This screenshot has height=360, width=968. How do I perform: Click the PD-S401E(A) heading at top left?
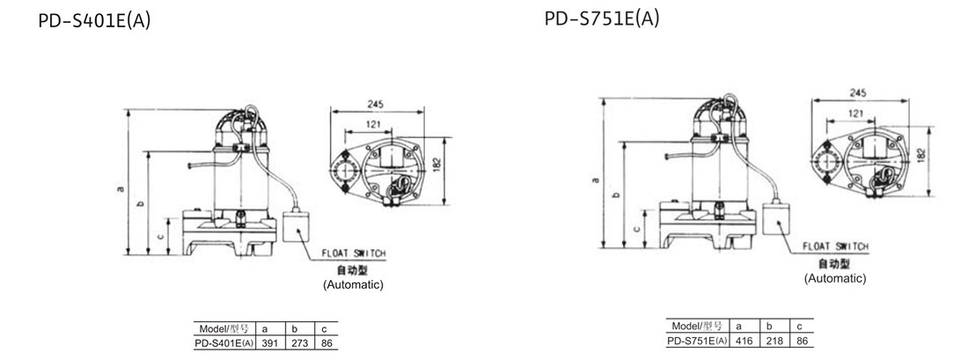tap(94, 20)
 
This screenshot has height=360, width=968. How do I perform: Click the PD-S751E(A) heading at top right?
tap(602, 18)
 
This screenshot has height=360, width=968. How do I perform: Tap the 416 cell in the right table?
tap(744, 341)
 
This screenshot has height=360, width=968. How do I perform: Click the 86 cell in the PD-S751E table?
tap(800, 341)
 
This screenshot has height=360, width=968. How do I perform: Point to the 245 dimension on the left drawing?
tap(375, 105)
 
